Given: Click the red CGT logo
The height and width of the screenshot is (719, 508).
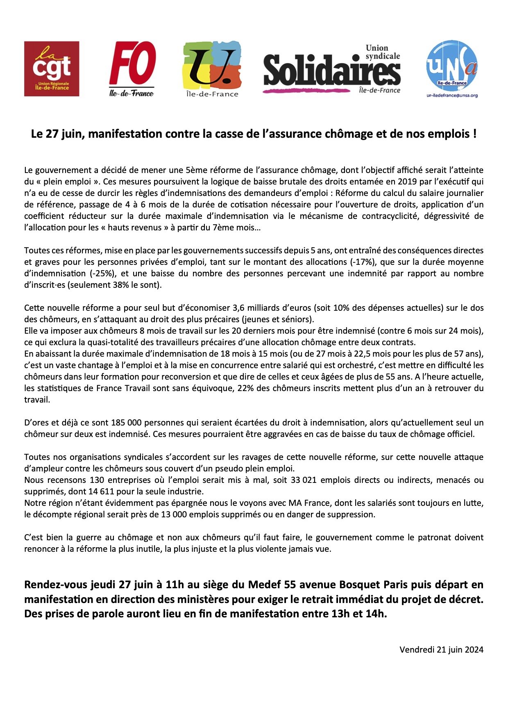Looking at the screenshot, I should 52,69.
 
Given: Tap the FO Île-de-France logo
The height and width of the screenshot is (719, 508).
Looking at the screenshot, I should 132,69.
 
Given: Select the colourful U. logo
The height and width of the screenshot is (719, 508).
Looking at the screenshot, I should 211,68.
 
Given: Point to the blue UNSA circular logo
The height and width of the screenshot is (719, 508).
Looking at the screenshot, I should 452,66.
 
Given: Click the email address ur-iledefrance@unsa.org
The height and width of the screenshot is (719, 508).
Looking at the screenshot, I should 452,96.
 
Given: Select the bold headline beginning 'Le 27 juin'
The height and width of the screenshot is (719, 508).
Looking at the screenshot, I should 254,134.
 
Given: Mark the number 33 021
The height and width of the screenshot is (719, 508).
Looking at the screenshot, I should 304,480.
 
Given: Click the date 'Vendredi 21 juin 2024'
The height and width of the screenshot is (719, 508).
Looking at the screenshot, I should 441,649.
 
